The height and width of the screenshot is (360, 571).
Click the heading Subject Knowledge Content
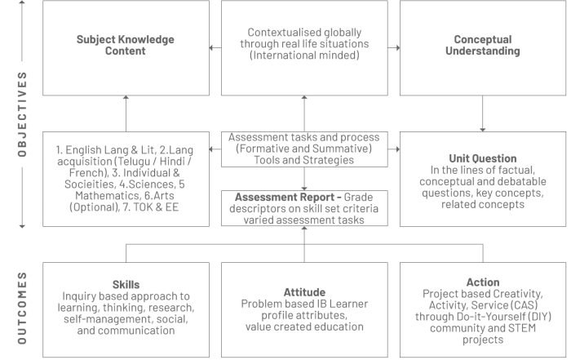click(126, 45)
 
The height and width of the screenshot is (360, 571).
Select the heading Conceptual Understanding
click(483, 45)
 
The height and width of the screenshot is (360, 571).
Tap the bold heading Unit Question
click(483, 158)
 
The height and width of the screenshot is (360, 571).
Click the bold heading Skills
click(126, 285)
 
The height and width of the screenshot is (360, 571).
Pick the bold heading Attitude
click(304, 292)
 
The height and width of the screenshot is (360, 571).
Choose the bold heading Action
click(483, 282)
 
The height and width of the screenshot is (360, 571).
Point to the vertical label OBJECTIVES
click(22, 114)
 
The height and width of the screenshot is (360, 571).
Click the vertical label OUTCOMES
click(22, 308)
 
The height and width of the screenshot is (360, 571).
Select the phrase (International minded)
click(304, 55)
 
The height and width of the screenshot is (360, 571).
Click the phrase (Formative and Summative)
click(304, 149)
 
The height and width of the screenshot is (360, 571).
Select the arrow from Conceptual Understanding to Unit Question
click(483, 113)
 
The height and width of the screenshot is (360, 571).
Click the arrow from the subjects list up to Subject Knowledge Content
click(126, 113)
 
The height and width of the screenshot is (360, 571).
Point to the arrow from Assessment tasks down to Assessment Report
click(304, 179)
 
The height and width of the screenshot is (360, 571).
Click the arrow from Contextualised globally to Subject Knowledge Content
click(215, 47)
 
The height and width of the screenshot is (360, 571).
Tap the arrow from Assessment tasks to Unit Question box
click(394, 149)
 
